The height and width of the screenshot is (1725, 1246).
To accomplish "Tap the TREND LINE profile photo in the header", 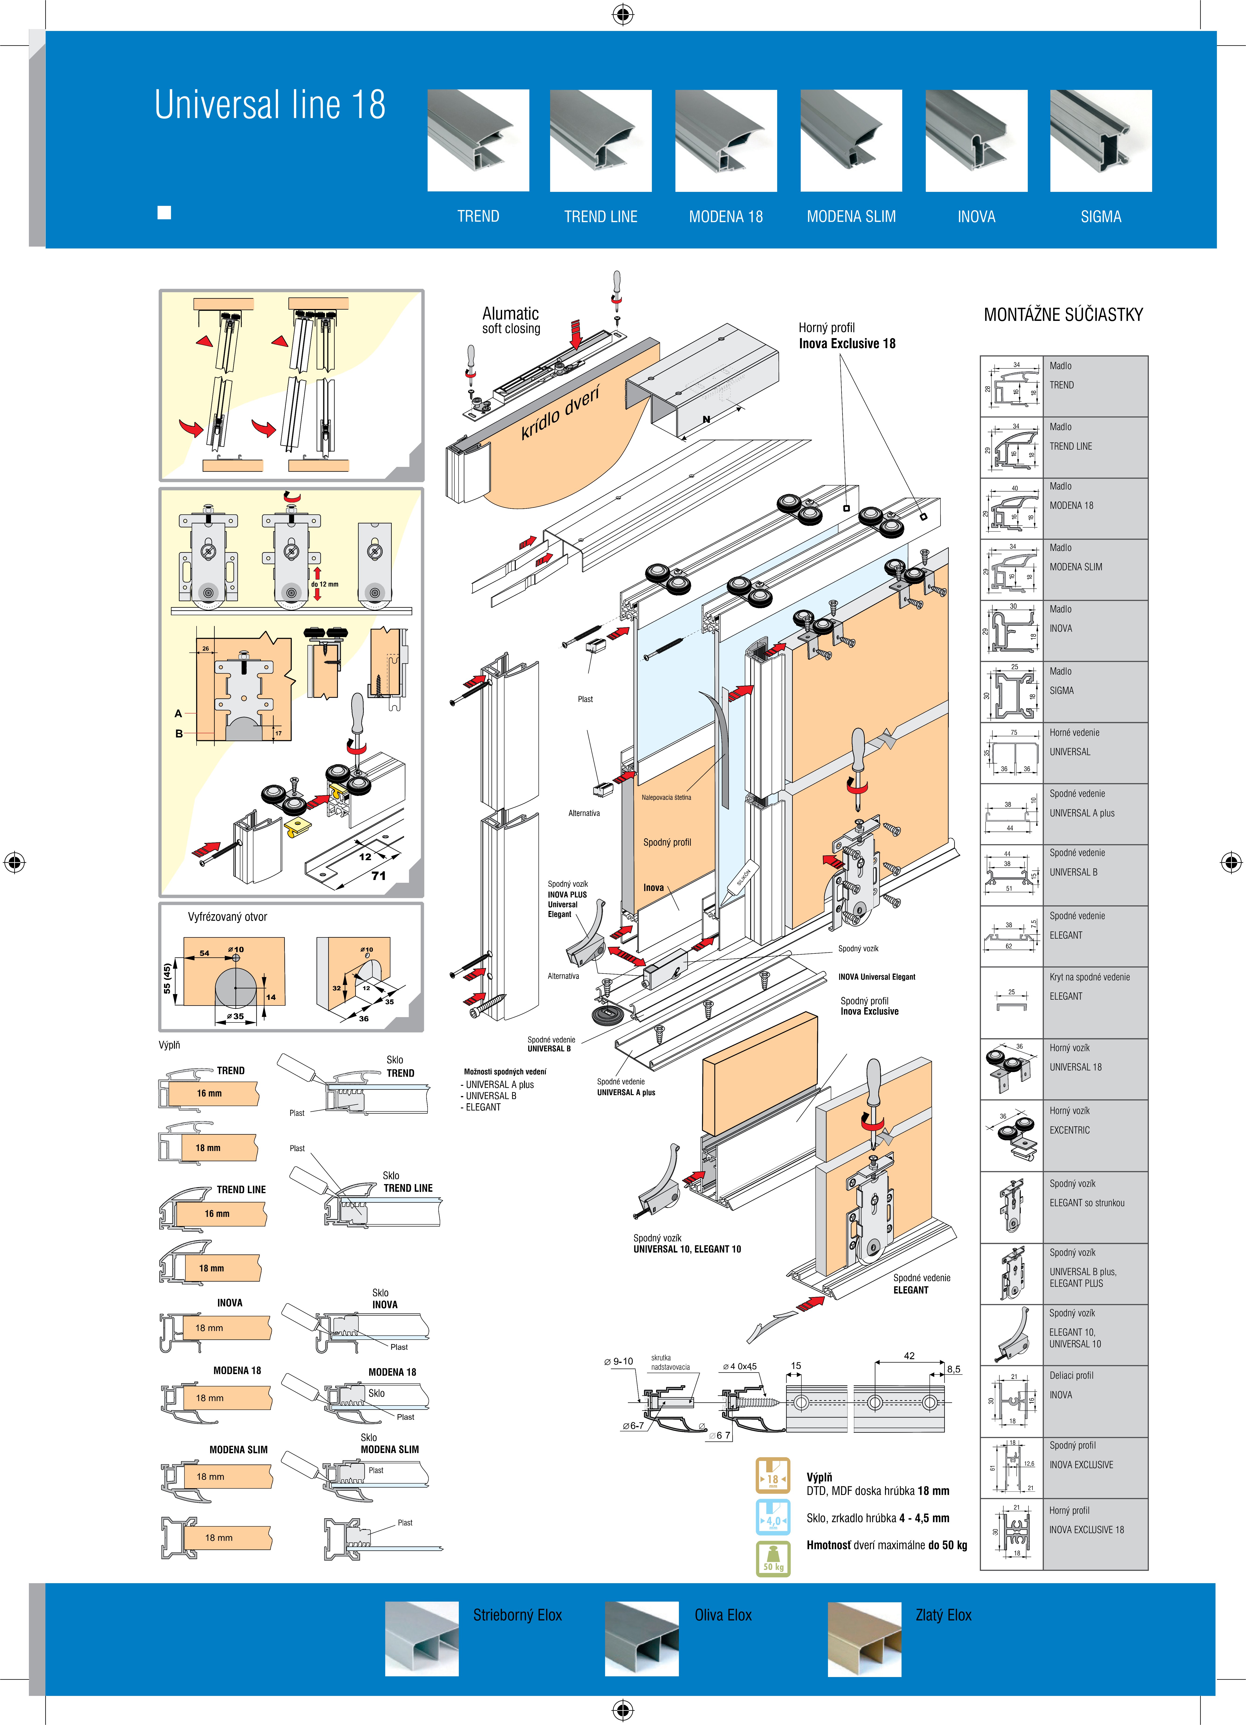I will click(x=600, y=141).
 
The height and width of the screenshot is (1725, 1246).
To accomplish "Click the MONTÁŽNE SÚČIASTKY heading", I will click(x=1063, y=315).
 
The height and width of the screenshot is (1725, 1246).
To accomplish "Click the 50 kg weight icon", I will click(x=773, y=1559).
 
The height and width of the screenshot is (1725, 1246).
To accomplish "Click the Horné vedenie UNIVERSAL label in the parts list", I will click(x=1074, y=742).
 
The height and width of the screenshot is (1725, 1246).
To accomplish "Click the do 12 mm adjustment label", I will click(x=325, y=584).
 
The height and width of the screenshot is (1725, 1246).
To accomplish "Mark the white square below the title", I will click(x=164, y=213).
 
